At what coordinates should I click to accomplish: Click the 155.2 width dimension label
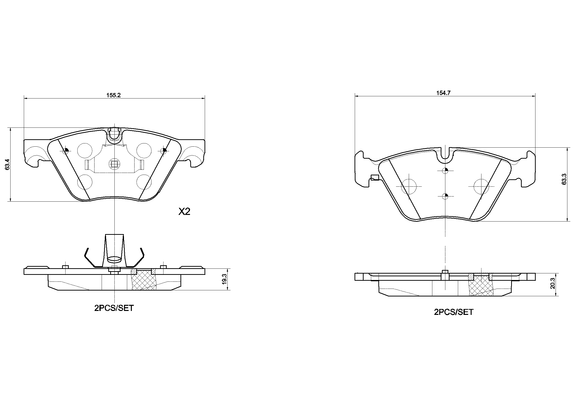tap(113, 95)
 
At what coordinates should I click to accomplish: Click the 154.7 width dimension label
tap(443, 93)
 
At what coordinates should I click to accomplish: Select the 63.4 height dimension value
tap(7, 164)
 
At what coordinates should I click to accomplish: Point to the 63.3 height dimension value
tap(564, 179)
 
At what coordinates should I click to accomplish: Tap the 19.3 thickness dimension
tap(224, 279)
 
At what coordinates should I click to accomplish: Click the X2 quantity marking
tap(184, 212)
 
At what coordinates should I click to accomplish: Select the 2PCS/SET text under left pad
tap(114, 308)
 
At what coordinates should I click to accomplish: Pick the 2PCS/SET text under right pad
tap(453, 312)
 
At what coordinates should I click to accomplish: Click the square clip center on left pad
tap(114, 164)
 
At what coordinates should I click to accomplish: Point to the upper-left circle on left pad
tap(84, 151)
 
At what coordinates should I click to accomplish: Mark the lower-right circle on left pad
tap(144, 182)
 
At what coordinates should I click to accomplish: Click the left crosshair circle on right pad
tap(409, 186)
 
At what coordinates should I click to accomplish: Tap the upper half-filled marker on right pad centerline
tap(445, 171)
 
